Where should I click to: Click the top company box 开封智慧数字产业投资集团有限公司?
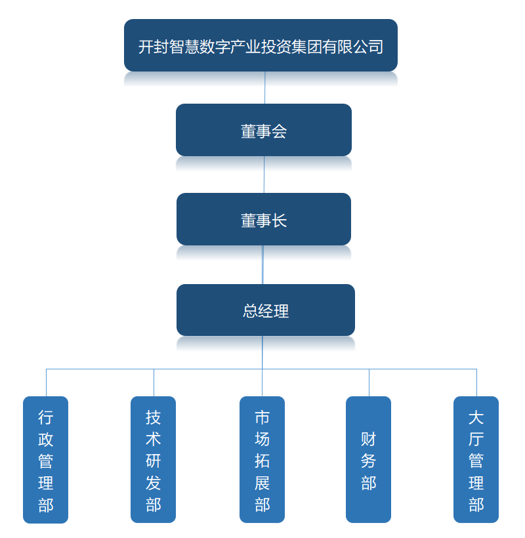[261, 45]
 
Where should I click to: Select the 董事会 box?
[264, 130]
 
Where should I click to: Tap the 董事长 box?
[264, 219]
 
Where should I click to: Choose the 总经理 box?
[266, 310]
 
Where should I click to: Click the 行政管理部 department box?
[46, 459]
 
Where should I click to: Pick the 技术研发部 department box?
[154, 459]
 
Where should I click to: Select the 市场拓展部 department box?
[262, 459]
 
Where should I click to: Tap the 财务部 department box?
[369, 459]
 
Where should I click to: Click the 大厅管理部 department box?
[476, 459]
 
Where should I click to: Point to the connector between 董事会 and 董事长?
[264, 175]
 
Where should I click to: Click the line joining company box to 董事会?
[265, 87]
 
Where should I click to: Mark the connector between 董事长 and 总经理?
[263, 265]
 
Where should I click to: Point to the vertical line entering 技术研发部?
[154, 383]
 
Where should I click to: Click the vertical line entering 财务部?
[369, 383]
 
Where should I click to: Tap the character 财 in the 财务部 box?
[369, 439]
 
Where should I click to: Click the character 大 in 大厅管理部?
[476, 417]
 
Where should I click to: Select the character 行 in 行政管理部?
[46, 417]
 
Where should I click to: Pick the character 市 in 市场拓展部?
[262, 417]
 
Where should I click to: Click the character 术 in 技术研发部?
[154, 439]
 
